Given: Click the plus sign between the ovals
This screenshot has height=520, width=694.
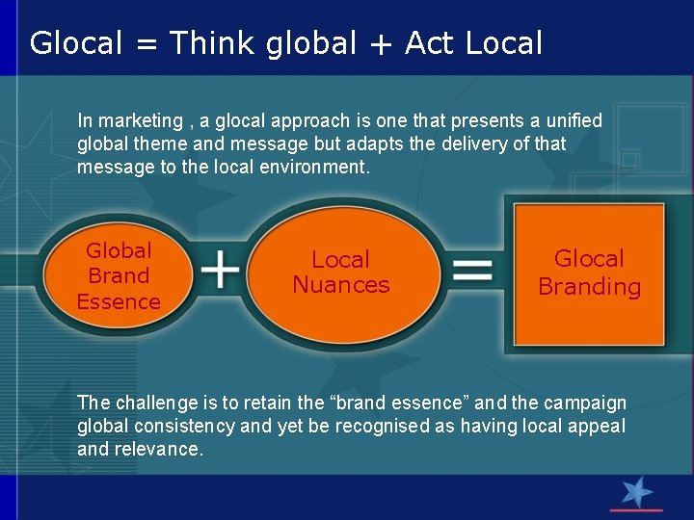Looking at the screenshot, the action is point(221,270).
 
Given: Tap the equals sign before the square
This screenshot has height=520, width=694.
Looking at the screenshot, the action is point(472,270).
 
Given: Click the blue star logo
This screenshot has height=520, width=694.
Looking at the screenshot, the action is point(636,492).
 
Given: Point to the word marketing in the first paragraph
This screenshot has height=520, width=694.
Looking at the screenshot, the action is point(140,121).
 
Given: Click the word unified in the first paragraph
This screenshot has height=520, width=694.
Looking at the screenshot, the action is point(575,121).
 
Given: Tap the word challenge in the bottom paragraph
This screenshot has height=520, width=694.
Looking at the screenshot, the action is point(155,403).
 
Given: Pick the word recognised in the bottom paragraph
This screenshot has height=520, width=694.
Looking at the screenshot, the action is point(384,426).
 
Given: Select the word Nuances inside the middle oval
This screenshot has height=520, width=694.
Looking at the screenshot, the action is point(341,285).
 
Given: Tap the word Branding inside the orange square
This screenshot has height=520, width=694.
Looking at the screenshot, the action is point(589,287).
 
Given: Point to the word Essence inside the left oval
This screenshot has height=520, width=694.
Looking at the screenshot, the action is point(119,301).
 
